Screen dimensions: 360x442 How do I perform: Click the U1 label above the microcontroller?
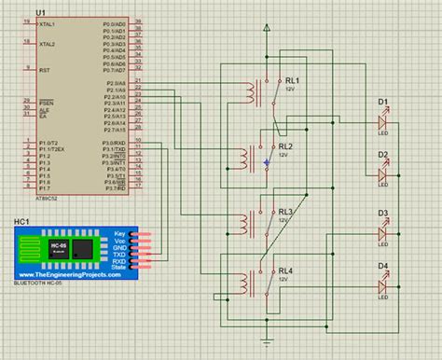[40, 11]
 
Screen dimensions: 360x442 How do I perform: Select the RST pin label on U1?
[43, 69]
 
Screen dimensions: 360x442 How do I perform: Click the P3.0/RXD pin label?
[114, 142]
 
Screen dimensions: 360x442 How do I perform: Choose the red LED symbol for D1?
[381, 121]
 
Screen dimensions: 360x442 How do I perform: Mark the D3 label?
[382, 213]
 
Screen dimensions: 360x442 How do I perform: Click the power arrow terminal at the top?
[268, 29]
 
